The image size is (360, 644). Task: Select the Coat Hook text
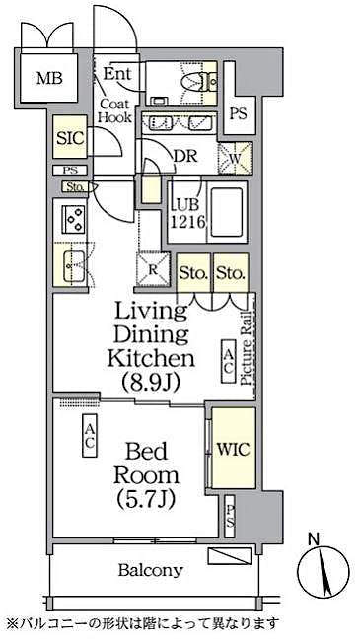114,109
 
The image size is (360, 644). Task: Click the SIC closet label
69,140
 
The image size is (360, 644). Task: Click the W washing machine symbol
237,158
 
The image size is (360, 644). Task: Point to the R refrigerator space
153,267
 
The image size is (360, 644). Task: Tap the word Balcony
151,570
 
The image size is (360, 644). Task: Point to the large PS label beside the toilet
238,113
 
